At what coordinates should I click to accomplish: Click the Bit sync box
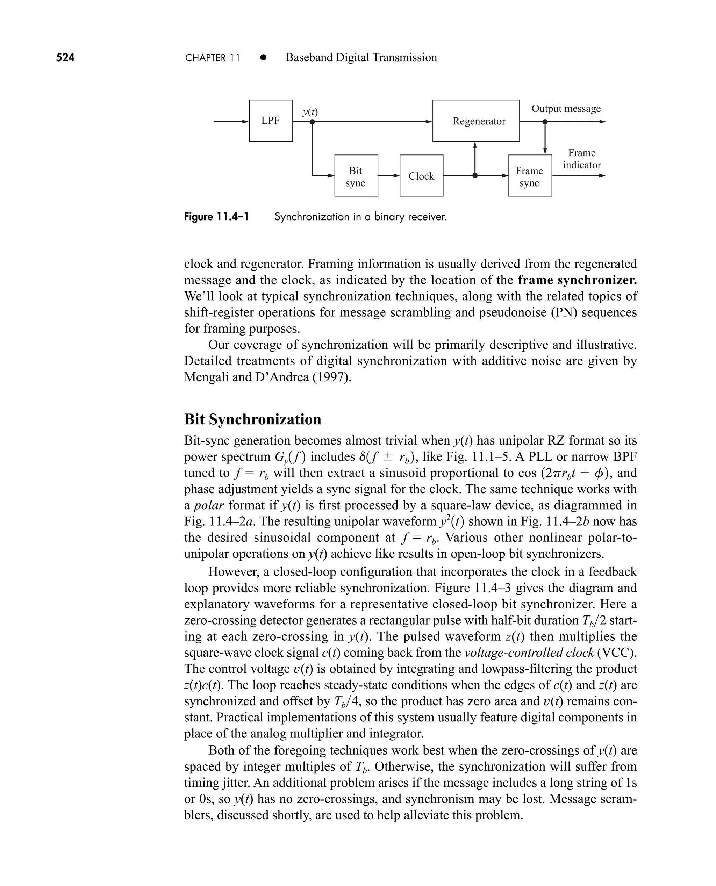click(x=356, y=176)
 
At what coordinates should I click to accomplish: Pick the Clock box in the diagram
click(x=421, y=176)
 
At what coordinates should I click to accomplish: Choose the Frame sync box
click(x=530, y=176)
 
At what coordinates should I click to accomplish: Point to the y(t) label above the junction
click(x=310, y=112)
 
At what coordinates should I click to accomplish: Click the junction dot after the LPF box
click(x=312, y=122)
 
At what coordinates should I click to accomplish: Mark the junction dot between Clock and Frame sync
click(x=475, y=176)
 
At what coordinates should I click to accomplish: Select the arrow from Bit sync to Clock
click(x=388, y=176)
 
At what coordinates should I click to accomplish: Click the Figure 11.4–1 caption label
click(x=216, y=216)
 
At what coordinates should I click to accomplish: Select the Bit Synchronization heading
click(x=252, y=419)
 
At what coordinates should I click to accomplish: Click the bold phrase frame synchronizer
click(x=577, y=280)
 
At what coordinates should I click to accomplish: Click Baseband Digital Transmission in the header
click(x=361, y=57)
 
